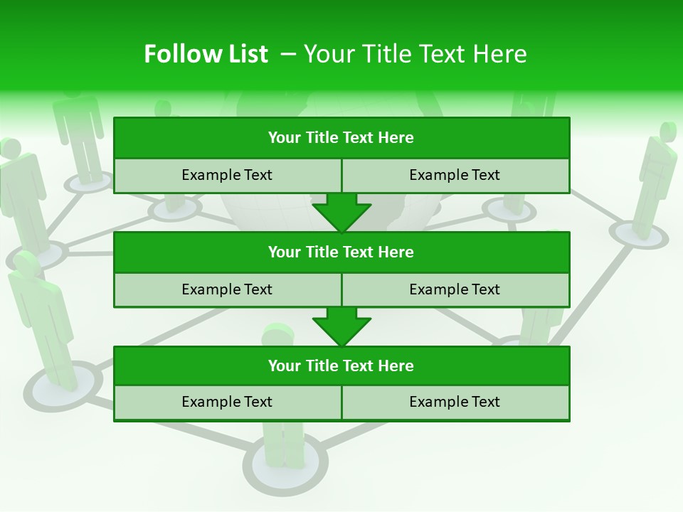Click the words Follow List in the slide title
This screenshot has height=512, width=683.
coord(206,54)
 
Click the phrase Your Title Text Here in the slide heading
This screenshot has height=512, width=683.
coord(415,54)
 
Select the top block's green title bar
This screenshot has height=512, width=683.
coord(341,138)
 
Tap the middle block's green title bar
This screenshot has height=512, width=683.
coord(341,252)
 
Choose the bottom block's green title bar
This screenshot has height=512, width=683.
coord(341,366)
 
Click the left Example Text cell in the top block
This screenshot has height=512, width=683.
coord(228,175)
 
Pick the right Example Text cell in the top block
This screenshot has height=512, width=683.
coord(455,175)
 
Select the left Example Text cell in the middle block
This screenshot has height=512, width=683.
coord(228,289)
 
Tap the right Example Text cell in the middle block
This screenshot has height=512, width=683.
coord(455,289)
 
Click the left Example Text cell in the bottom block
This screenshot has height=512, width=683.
coord(228,402)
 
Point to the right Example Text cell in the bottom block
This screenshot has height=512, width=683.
coord(455,402)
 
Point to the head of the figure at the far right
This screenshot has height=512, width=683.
coord(668,132)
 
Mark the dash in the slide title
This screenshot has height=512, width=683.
coord(288,55)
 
